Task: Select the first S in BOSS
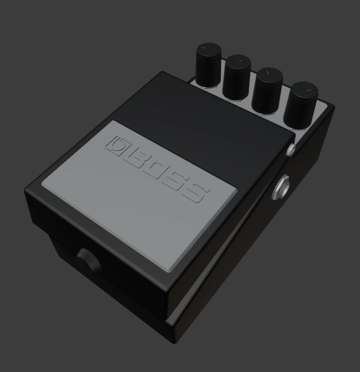click(x=175, y=182)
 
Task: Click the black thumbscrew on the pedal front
click(x=87, y=261)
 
